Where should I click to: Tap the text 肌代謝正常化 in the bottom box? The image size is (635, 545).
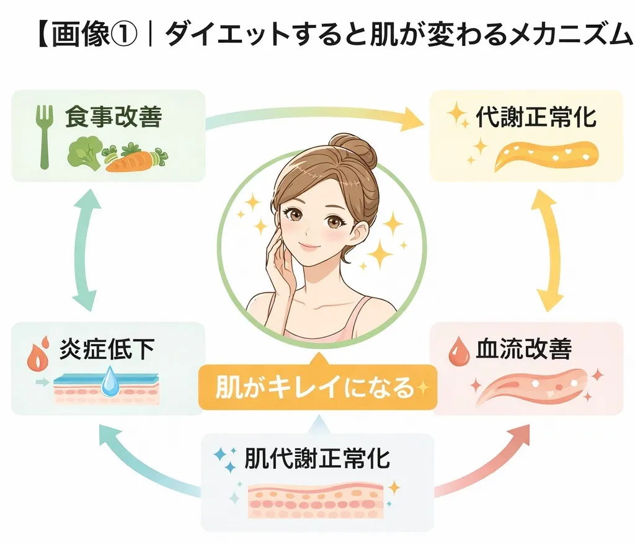[317, 459]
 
